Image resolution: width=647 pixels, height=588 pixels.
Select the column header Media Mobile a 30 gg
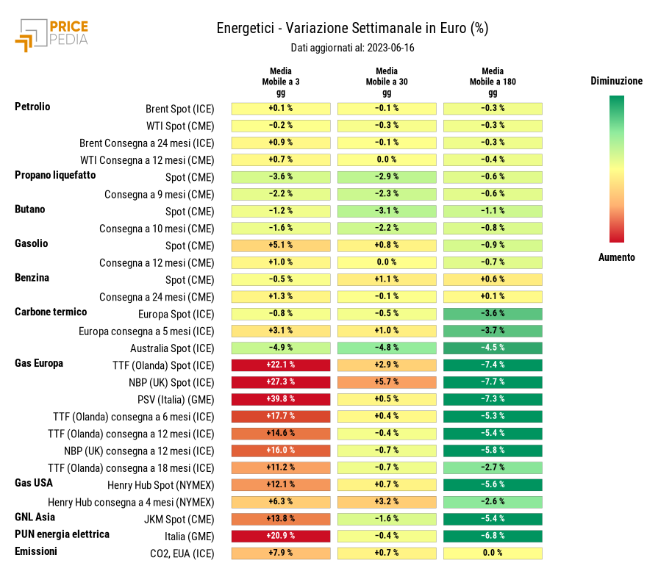point(386,82)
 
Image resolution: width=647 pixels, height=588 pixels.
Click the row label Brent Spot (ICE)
point(179,109)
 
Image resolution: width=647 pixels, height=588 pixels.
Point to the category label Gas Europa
point(39,363)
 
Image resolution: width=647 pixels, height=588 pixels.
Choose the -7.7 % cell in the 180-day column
point(493,382)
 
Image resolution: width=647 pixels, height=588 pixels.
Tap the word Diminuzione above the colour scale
point(616,82)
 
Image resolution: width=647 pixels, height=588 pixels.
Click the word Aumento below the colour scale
point(616,257)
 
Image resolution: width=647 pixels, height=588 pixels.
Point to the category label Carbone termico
point(51,312)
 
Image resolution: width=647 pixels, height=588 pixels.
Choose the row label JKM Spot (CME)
point(179,519)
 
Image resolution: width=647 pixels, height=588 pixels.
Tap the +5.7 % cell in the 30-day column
point(387,382)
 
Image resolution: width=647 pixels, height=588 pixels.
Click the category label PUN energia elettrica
point(62,534)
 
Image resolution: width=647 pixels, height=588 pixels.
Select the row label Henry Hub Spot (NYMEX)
point(160,485)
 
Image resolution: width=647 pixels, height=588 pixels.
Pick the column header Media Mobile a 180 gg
point(493,82)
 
